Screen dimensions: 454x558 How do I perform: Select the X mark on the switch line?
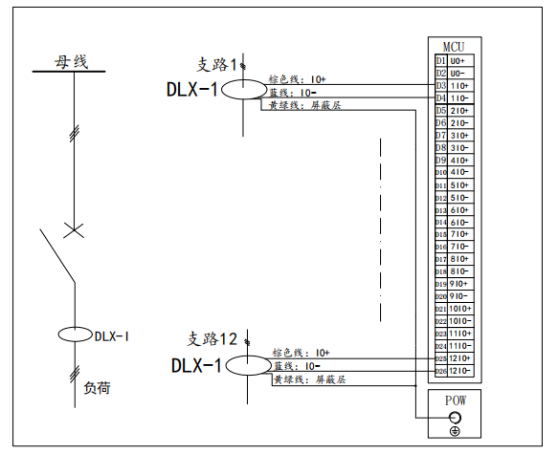click(x=71, y=229)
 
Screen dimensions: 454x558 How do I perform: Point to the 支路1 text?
click(x=215, y=65)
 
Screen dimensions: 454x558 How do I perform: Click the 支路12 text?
click(x=212, y=338)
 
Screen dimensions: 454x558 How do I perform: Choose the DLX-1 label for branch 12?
click(x=196, y=365)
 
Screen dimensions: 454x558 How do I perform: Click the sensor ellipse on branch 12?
click(x=248, y=365)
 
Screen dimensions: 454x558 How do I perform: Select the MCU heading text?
click(x=454, y=46)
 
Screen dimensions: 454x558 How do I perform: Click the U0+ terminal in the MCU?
click(x=459, y=61)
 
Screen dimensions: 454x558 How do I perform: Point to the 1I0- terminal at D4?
click(x=459, y=97)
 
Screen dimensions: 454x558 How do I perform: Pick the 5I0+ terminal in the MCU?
click(x=459, y=184)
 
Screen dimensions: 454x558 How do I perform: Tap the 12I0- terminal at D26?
click(x=459, y=371)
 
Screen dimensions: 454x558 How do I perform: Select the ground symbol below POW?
click(x=455, y=431)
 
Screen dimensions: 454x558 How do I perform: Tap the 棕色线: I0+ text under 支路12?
click(x=301, y=353)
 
